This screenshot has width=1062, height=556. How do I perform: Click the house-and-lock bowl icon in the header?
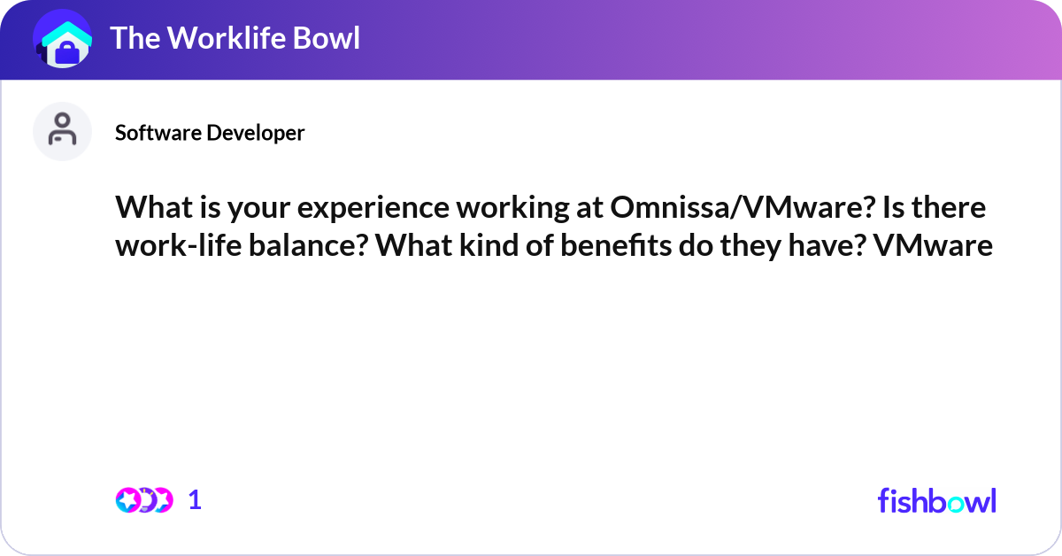pos(62,40)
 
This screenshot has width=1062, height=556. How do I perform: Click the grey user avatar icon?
pos(62,131)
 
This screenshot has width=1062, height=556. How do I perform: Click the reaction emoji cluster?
pos(143,500)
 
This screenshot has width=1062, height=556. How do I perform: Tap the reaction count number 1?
pos(195,500)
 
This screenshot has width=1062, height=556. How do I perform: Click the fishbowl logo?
pos(936,500)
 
